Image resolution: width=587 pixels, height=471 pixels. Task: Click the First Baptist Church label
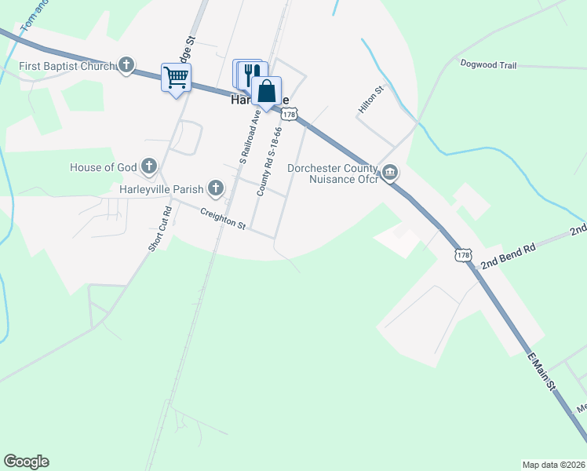[67, 67]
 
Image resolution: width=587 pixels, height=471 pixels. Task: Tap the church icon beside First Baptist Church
[126, 67]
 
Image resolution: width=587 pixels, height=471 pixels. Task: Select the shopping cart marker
[177, 78]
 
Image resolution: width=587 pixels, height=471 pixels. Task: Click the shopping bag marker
[266, 90]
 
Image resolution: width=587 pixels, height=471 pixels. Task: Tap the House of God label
[104, 166]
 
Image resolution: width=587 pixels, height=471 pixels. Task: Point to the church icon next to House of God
[149, 166]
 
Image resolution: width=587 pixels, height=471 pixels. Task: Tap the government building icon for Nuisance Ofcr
[390, 172]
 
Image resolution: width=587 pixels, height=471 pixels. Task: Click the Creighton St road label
[223, 218]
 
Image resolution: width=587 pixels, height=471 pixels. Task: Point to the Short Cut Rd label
[159, 229]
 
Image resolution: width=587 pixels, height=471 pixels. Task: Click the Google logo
[26, 462]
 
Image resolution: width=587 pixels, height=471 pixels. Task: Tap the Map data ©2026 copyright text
[552, 464]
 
